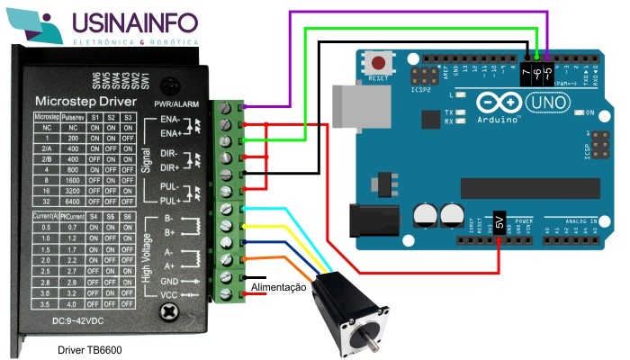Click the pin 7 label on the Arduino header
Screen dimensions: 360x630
tap(526, 68)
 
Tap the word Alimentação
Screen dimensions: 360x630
tap(279, 287)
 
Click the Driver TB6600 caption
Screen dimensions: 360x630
tap(89, 349)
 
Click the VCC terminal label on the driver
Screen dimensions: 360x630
tap(168, 295)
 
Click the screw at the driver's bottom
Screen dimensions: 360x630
tap(167, 312)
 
